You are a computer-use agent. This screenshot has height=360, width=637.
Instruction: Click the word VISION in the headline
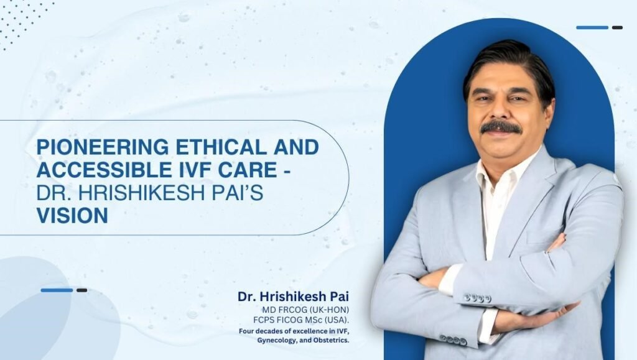point(72,215)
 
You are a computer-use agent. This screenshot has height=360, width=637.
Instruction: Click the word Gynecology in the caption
point(276,341)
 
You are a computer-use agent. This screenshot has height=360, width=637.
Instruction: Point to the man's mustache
point(501,127)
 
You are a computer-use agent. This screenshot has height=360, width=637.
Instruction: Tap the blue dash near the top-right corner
point(592,27)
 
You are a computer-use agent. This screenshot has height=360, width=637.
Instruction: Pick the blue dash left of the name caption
point(57,290)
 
